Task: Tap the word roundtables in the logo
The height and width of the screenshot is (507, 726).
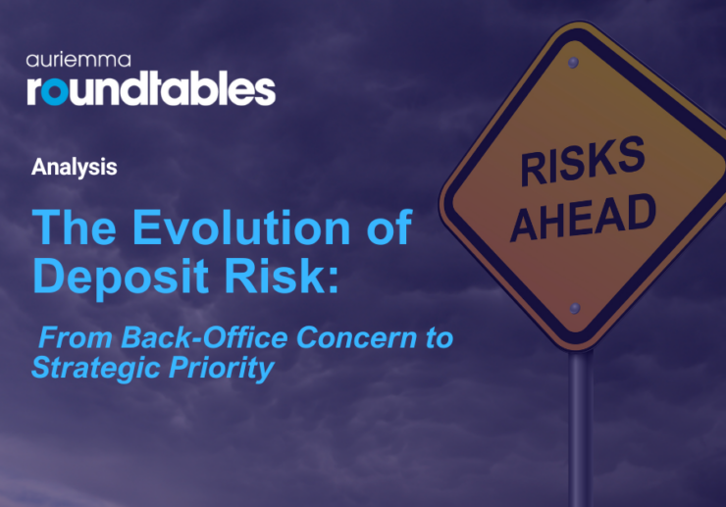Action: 151,88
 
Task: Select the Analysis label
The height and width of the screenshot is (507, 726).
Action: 74,167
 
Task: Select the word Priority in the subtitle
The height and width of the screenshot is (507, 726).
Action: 225,369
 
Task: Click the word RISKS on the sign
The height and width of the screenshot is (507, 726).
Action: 582,163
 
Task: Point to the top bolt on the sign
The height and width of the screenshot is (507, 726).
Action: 573,64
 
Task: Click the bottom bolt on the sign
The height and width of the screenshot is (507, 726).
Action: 576,309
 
